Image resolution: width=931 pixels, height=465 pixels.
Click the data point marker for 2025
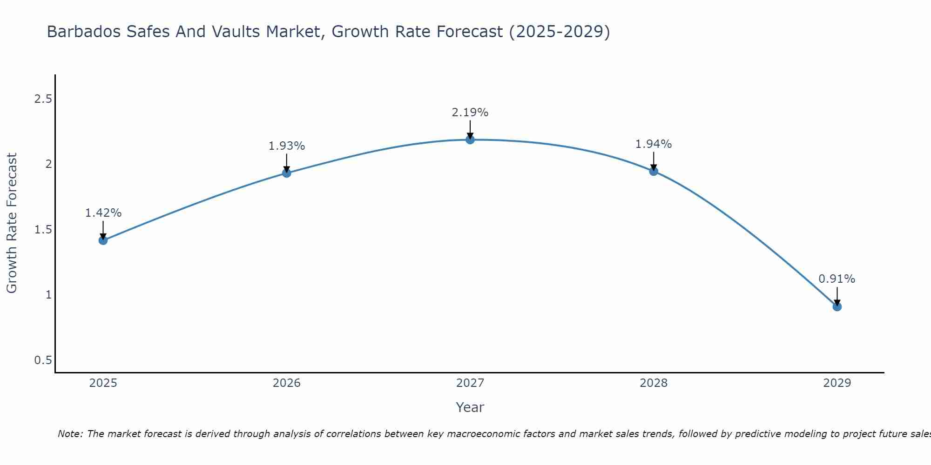pyautogui.click(x=103, y=240)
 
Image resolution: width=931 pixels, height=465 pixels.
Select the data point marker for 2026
pyautogui.click(x=287, y=173)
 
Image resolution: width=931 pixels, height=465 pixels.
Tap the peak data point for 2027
pyautogui.click(x=470, y=139)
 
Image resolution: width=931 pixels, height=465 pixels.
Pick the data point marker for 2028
pyautogui.click(x=654, y=171)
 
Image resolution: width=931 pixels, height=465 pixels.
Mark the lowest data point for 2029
pyautogui.click(x=837, y=306)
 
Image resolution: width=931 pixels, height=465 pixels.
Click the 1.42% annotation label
pyautogui.click(x=103, y=213)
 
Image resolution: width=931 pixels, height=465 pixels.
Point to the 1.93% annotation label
pyautogui.click(x=287, y=146)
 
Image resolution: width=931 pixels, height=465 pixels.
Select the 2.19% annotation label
pyautogui.click(x=470, y=113)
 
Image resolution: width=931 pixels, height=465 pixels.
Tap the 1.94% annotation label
pyautogui.click(x=654, y=144)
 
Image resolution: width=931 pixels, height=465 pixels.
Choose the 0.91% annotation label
pyautogui.click(x=837, y=279)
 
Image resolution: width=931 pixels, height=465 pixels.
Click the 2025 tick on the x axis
pyautogui.click(x=103, y=383)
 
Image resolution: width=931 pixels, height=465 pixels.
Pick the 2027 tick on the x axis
pyautogui.click(x=470, y=383)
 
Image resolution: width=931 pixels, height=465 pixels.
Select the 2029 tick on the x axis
pyautogui.click(x=837, y=383)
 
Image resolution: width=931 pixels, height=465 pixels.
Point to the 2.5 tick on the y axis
pyautogui.click(x=43, y=99)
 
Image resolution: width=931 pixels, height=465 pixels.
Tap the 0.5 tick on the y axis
pyautogui.click(x=43, y=360)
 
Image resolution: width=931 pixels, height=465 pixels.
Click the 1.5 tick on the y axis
pyautogui.click(x=43, y=230)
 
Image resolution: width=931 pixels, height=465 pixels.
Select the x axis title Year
pyautogui.click(x=470, y=407)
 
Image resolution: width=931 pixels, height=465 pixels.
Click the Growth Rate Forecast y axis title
pyautogui.click(x=12, y=223)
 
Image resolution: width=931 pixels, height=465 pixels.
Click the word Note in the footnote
pyautogui.click(x=70, y=434)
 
